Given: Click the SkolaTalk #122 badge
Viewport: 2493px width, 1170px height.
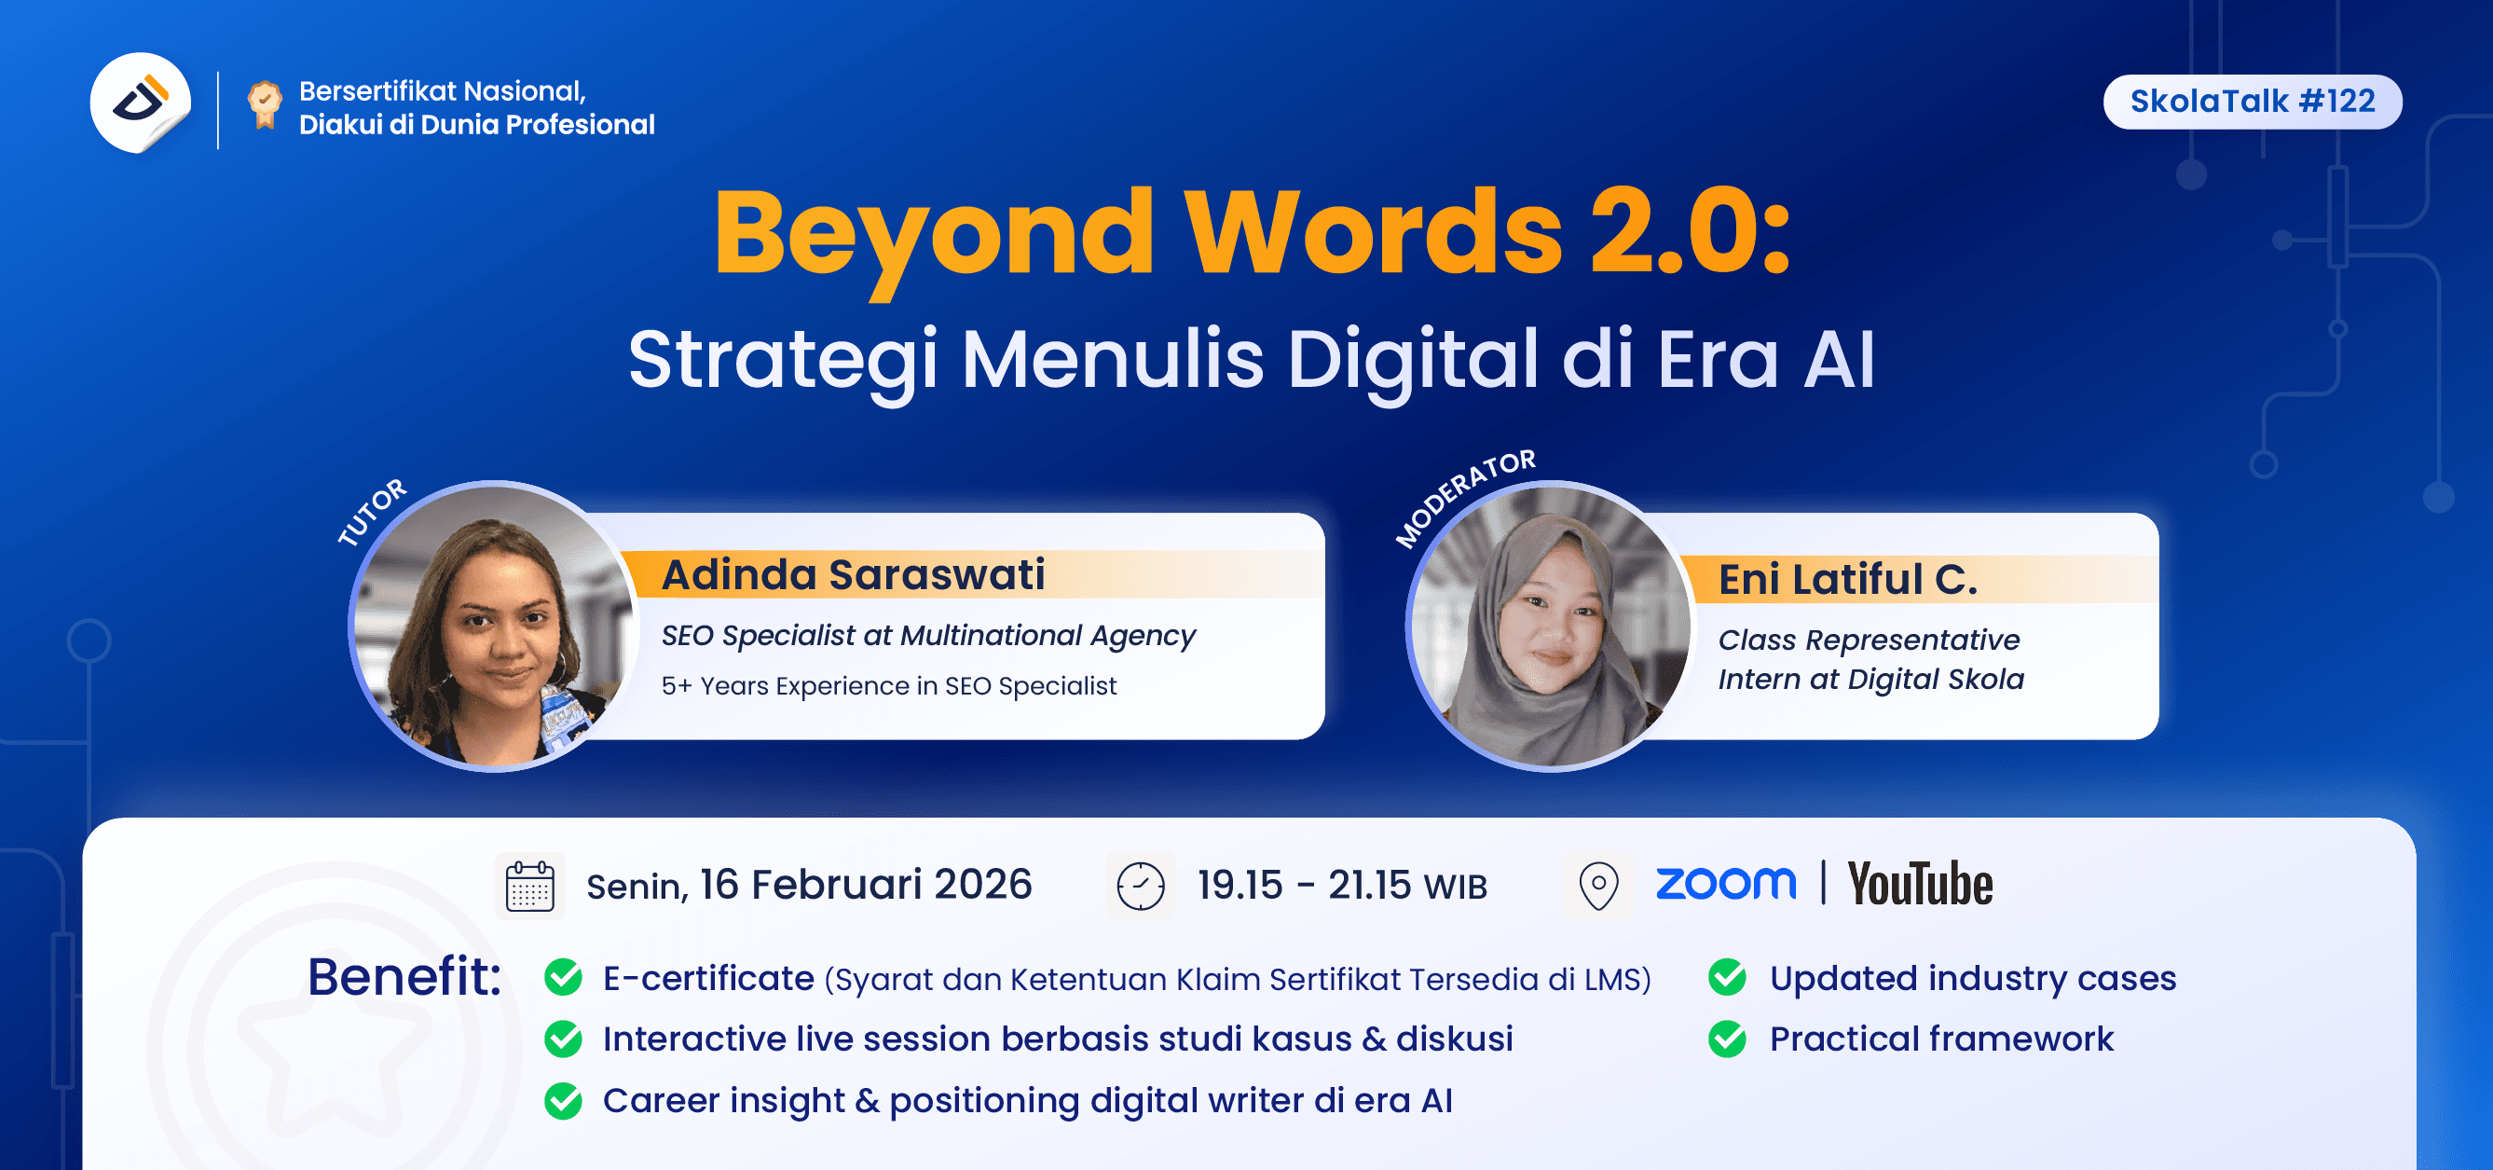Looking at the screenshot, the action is click(x=2252, y=102).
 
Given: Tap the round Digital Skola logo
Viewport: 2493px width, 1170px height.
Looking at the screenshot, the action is click(x=141, y=103).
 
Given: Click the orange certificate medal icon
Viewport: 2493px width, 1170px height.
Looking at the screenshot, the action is click(x=264, y=104).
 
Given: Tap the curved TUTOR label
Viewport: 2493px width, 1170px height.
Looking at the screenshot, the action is click(x=373, y=512).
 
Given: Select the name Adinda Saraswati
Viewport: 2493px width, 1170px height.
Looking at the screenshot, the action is click(x=853, y=575).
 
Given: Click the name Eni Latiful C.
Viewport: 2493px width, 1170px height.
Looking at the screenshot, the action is click(x=1847, y=580).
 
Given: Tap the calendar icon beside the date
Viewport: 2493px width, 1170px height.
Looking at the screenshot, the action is click(x=530, y=886).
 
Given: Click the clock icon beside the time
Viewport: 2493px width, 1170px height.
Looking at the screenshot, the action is click(x=1141, y=886).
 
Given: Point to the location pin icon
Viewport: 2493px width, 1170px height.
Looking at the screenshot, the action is click(x=1598, y=886).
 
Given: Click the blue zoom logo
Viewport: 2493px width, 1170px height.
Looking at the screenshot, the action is click(x=1726, y=883).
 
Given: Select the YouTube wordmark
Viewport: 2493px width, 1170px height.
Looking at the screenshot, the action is click(x=1920, y=884).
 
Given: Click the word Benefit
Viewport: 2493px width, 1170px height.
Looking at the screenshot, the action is click(x=404, y=976).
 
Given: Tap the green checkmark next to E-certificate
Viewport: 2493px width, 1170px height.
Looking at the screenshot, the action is click(x=563, y=977).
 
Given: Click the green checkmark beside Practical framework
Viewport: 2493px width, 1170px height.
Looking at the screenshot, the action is click(x=1728, y=1039).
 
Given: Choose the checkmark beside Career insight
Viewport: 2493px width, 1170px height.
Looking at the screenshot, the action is click(x=563, y=1100).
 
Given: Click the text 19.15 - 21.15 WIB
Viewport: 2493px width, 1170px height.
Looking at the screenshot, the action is click(x=1341, y=886).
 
